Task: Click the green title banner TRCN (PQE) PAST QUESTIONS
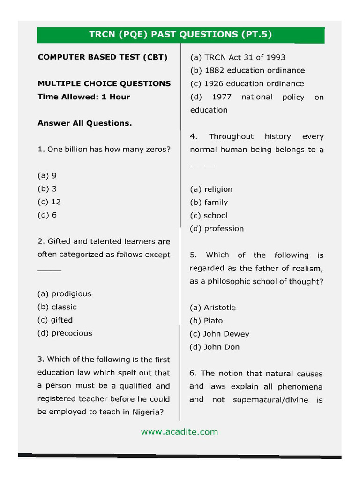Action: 180,35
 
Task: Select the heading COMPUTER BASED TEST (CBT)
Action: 102,57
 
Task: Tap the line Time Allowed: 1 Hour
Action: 84,97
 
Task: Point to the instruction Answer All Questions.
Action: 84,123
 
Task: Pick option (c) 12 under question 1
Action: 49,202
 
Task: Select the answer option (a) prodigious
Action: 64,294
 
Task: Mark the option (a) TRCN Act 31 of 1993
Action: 237,57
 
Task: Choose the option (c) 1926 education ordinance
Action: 247,84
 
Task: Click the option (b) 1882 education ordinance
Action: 247,71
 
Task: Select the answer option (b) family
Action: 209,202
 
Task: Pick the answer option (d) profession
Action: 217,229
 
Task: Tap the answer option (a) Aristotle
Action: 213,307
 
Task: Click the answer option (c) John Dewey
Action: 219,334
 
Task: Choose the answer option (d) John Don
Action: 214,347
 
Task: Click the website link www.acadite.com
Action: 180,432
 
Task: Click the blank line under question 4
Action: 202,166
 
